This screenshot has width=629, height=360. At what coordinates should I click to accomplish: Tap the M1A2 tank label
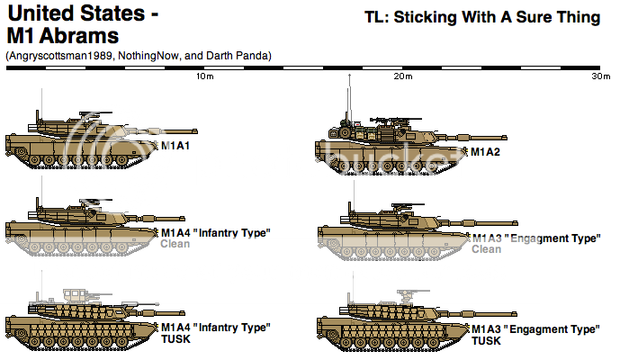click(486, 150)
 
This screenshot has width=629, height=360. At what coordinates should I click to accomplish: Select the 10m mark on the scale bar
click(205, 76)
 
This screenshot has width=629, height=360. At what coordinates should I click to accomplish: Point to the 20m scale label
click(403, 76)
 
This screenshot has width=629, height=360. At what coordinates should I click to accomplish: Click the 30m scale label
click(601, 76)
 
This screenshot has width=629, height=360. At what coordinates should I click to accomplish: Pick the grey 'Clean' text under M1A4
click(175, 244)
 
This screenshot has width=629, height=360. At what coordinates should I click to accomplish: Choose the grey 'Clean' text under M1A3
click(487, 249)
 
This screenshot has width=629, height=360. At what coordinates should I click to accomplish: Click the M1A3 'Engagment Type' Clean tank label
click(536, 238)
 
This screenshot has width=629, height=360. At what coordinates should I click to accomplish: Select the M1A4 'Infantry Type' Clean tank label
click(215, 233)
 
